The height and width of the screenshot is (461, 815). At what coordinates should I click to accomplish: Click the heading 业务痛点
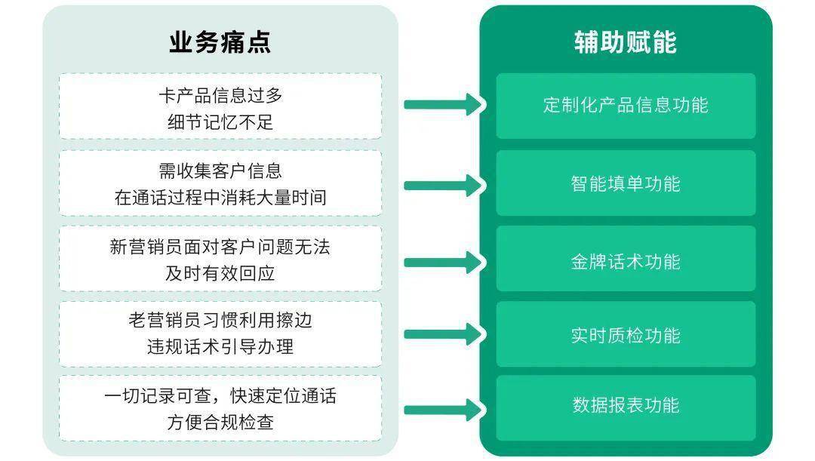tap(220, 42)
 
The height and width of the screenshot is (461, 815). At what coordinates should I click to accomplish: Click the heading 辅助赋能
tap(626, 42)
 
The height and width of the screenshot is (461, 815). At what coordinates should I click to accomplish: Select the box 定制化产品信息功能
tap(626, 106)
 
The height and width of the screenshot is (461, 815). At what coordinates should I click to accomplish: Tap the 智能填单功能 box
tap(626, 183)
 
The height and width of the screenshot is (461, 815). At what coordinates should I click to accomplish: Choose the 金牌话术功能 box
tap(626, 259)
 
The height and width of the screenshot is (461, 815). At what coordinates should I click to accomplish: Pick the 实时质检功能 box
tap(626, 334)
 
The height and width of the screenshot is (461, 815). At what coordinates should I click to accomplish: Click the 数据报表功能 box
tap(626, 408)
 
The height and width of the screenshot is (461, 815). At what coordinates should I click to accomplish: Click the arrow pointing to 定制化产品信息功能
tap(444, 104)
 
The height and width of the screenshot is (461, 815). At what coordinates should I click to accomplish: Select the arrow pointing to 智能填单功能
tap(444, 186)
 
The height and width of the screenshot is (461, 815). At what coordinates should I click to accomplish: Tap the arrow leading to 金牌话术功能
tap(444, 263)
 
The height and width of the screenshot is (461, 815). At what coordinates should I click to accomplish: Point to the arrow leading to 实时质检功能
tap(444, 334)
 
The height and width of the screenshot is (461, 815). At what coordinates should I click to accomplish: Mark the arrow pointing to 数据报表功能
tap(444, 410)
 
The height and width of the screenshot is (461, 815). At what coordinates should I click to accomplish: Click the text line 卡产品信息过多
tap(220, 96)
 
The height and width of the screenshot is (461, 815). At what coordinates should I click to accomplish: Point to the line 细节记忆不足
tap(220, 122)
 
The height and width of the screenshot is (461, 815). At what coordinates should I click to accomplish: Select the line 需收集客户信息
tap(220, 171)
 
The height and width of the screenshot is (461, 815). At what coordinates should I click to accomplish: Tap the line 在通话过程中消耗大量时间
tap(220, 198)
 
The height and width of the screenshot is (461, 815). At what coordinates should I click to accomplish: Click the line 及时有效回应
tap(220, 273)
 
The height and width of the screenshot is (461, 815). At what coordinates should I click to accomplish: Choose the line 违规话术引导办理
tap(220, 346)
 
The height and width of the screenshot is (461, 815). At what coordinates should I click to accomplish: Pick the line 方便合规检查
tap(220, 422)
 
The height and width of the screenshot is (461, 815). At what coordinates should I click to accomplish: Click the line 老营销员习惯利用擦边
tap(220, 320)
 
